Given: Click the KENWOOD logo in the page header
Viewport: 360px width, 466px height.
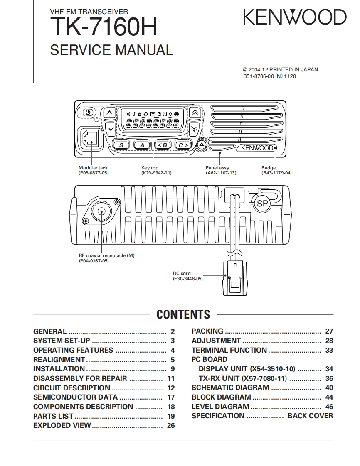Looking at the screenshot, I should [294, 18].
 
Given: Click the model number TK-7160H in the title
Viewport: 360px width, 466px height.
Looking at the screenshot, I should [104, 28].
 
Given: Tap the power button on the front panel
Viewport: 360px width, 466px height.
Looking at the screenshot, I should [88, 112].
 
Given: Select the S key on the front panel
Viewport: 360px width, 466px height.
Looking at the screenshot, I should [121, 145].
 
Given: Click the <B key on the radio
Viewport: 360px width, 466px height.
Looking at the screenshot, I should [162, 145].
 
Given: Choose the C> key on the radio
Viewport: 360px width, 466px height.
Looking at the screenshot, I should [183, 145].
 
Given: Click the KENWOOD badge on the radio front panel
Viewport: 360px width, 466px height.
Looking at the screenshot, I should [256, 148].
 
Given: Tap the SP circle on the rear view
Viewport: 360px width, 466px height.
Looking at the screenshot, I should [262, 204].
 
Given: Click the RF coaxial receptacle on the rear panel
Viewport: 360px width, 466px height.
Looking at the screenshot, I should [101, 212].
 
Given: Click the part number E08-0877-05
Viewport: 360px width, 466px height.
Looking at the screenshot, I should [94, 173].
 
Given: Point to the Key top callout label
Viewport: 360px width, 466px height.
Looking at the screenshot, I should [150, 168].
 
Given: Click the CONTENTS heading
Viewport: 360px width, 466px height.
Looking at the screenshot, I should [183, 314].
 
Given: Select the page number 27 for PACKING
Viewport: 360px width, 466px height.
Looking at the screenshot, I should [329, 331].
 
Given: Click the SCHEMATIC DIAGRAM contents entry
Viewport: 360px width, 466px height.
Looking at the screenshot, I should [230, 388].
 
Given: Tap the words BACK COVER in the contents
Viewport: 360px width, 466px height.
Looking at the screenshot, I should [310, 416].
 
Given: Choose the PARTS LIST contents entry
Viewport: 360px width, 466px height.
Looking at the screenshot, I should [53, 416].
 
